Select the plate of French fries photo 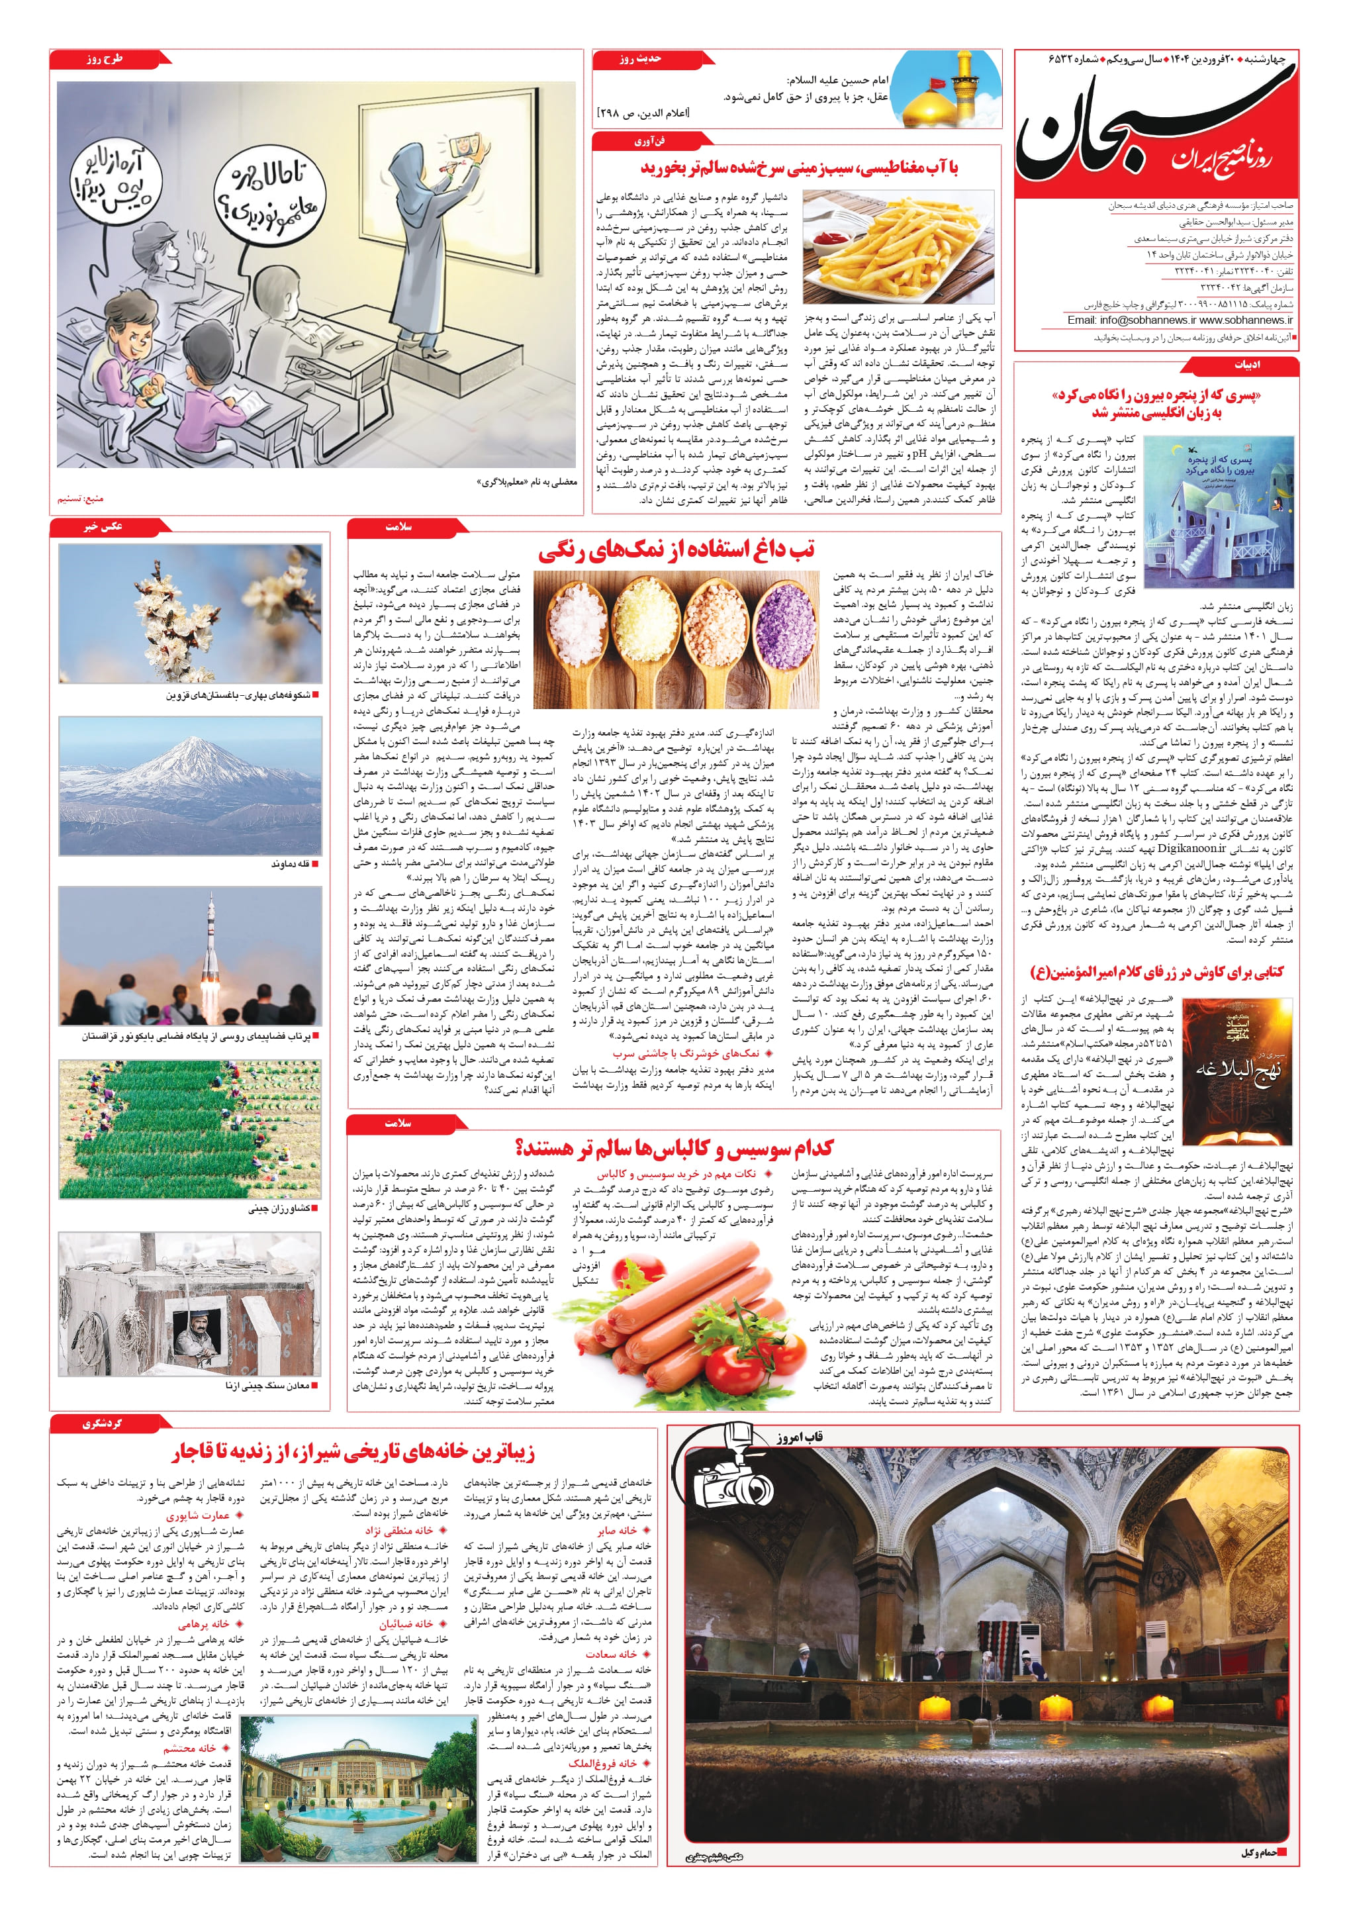tap(898, 246)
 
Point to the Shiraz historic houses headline tap(353, 1453)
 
